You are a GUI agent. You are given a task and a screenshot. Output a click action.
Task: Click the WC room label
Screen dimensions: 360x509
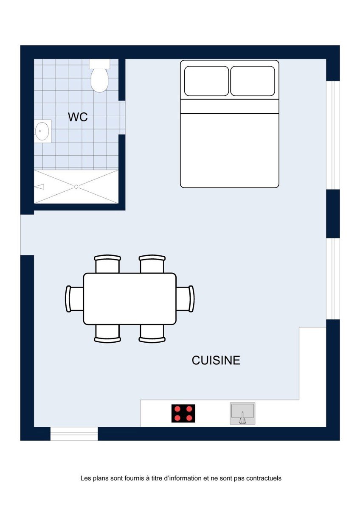tap(78, 117)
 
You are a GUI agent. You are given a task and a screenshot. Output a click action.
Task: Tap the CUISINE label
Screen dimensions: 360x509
tap(216, 360)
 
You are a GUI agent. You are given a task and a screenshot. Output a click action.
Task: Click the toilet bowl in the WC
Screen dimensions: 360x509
tap(99, 80)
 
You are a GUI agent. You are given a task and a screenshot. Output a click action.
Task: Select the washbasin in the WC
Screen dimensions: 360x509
tap(42, 131)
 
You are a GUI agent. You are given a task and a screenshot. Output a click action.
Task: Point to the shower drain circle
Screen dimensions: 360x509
tap(76, 187)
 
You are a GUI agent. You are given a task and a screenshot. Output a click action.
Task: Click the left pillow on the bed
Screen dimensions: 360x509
tap(206, 81)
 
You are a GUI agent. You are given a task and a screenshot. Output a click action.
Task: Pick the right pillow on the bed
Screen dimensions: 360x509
tap(253, 81)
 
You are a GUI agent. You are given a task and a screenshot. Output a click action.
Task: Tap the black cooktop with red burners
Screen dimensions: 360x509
tap(183, 413)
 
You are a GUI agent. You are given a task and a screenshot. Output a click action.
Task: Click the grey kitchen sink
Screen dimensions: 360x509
tap(242, 413)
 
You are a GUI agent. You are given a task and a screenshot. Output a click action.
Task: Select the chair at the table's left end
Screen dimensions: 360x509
tap(74, 299)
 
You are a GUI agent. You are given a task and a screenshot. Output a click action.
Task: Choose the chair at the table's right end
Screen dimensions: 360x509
tap(185, 299)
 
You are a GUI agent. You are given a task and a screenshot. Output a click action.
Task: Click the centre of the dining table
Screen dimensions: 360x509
tap(129, 299)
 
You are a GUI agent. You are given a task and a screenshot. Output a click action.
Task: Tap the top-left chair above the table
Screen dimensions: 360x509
tap(107, 264)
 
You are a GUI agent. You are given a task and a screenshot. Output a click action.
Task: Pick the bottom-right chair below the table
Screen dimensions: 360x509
tap(152, 333)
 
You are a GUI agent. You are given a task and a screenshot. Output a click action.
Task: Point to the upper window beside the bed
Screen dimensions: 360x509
tap(333, 135)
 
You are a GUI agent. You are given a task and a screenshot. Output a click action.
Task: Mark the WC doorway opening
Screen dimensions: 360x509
tap(122, 117)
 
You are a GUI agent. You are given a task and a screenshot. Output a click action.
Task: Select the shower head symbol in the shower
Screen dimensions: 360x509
tap(39, 187)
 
